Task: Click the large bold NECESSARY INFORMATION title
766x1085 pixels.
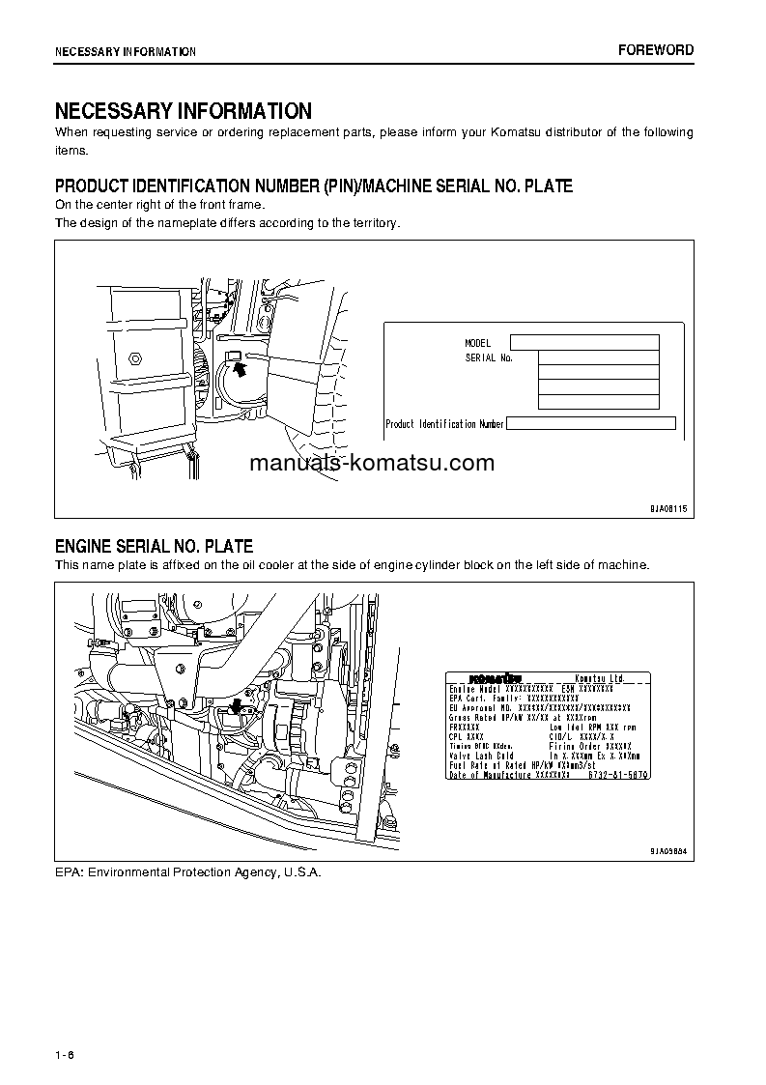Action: pyautogui.click(x=183, y=111)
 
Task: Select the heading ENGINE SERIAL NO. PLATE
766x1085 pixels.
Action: pyautogui.click(x=154, y=547)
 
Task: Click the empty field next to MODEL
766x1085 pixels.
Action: pyautogui.click(x=584, y=342)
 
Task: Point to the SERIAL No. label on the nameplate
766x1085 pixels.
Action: pyautogui.click(x=489, y=358)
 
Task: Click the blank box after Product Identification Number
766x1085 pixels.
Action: pyautogui.click(x=590, y=423)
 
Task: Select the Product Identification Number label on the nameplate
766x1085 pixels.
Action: pyautogui.click(x=444, y=424)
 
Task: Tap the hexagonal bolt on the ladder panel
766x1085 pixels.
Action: pyautogui.click(x=136, y=357)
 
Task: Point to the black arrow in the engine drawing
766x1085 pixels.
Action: pyautogui.click(x=237, y=710)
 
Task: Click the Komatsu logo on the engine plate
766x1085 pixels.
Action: pyautogui.click(x=496, y=677)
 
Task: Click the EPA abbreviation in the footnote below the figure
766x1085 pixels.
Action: pyautogui.click(x=67, y=871)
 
